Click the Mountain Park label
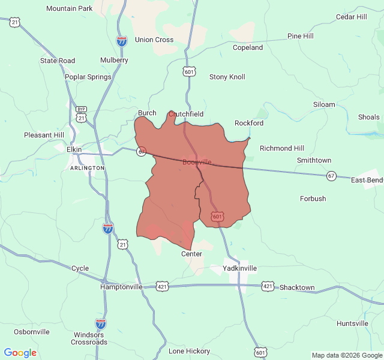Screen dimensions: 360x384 [x=69, y=8]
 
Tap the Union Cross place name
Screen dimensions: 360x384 [x=154, y=40]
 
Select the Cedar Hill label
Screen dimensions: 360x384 [x=351, y=17]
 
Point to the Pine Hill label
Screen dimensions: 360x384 [x=300, y=36]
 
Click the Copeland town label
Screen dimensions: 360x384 [x=248, y=47]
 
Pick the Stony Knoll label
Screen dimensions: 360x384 [x=227, y=77]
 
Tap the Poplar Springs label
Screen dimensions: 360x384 [x=88, y=77]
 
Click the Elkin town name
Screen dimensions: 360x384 [x=74, y=149]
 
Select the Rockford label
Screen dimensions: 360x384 [x=248, y=123]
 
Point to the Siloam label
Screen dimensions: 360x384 [x=324, y=104]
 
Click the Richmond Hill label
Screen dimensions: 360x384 [x=281, y=148]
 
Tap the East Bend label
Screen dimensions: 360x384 [x=367, y=180]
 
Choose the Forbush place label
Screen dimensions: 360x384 [x=313, y=199]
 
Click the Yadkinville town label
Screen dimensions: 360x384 [x=239, y=268]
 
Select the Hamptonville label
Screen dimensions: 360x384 [x=121, y=287]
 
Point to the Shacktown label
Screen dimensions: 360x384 [x=297, y=287]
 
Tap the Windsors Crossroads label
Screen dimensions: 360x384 [x=88, y=338]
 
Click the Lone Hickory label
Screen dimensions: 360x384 [x=189, y=351]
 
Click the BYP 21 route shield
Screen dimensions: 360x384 [x=81, y=113]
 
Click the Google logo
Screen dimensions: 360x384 [x=20, y=353]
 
